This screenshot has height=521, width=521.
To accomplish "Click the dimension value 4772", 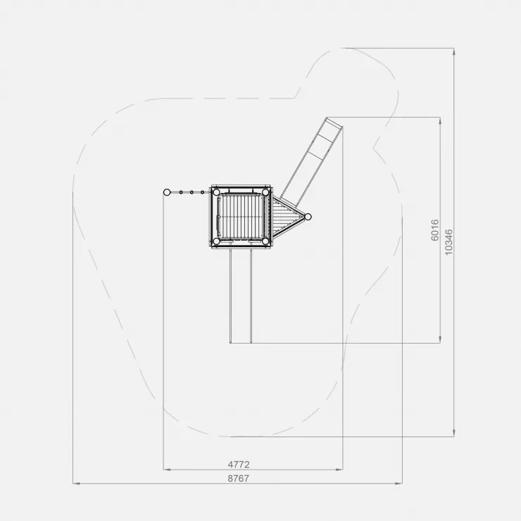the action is (239, 464).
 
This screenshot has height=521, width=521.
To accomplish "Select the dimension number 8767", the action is (239, 478).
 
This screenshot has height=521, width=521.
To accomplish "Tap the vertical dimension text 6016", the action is (435, 230).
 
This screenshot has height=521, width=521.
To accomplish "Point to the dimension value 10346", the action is (448, 242).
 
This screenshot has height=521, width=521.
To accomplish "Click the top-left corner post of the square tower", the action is (216, 192).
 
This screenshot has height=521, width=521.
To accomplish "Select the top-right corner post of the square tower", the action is (265, 192).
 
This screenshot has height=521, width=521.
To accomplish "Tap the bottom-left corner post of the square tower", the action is (216, 241).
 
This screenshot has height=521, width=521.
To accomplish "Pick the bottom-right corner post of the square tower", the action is (265, 241).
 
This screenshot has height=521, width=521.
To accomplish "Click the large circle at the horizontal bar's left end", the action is (167, 192).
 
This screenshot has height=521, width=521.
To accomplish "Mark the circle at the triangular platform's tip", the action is (308, 217).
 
